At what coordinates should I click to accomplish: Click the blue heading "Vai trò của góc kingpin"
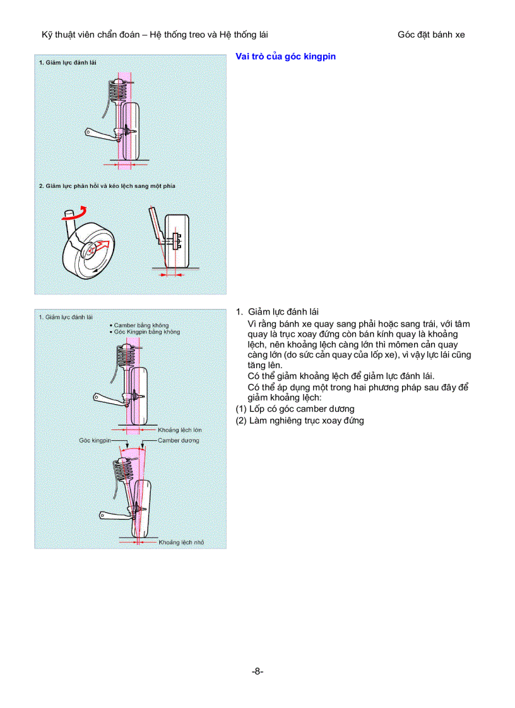[x=285, y=57]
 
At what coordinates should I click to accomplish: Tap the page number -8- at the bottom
[x=257, y=671]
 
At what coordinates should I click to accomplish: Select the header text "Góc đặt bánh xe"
[x=431, y=35]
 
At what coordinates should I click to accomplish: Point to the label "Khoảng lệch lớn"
[x=180, y=429]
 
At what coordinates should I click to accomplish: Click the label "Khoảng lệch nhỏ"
[x=181, y=542]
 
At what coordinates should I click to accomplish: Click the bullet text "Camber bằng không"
[x=141, y=325]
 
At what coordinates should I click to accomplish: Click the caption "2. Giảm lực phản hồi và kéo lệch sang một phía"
[x=107, y=186]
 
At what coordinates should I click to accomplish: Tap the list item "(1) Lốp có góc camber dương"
[x=295, y=409]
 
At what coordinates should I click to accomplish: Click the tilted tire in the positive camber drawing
[x=144, y=508]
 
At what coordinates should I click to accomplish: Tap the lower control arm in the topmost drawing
[x=100, y=133]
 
